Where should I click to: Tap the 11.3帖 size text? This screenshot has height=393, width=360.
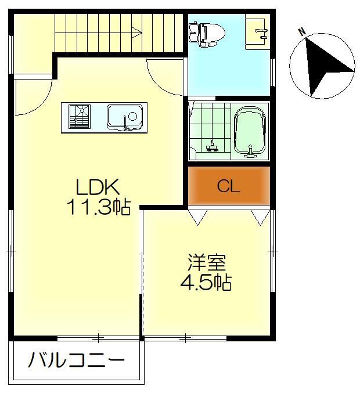click(99, 207)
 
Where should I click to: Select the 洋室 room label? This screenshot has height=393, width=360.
click(206, 263)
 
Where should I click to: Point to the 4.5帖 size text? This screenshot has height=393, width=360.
click(206, 283)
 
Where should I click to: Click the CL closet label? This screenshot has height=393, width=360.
click(228, 186)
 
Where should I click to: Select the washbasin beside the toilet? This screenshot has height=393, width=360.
click(257, 29)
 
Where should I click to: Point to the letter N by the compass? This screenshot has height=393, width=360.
click(302, 32)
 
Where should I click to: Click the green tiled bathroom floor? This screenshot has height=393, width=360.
click(209, 128)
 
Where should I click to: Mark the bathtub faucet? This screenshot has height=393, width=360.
click(251, 153)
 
